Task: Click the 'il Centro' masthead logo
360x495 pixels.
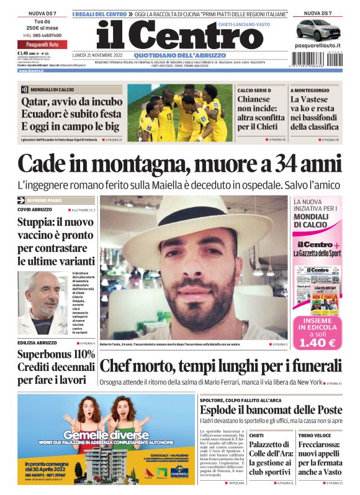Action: tap(170, 36)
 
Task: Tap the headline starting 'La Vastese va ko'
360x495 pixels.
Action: tap(315, 113)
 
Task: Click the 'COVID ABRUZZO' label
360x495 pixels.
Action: tap(36, 210)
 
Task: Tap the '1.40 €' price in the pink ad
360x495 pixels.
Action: tap(317, 342)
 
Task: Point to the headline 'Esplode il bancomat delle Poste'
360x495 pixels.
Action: tap(271, 410)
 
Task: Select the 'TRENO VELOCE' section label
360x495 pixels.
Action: tap(313, 436)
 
